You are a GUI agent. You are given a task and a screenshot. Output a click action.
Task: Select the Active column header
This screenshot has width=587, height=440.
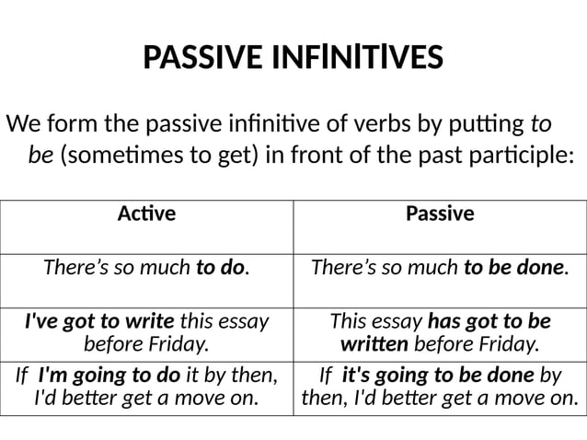[146, 214]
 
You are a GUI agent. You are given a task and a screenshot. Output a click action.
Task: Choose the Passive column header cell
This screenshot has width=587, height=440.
[440, 214]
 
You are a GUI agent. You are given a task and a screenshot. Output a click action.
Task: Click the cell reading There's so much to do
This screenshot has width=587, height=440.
[146, 268]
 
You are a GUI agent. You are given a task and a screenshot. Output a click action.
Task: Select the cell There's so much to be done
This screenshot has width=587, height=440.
[440, 268]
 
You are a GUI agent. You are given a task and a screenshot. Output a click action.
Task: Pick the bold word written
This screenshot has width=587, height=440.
[376, 345]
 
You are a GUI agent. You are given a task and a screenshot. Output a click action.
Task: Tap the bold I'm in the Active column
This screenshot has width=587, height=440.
[53, 375]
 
